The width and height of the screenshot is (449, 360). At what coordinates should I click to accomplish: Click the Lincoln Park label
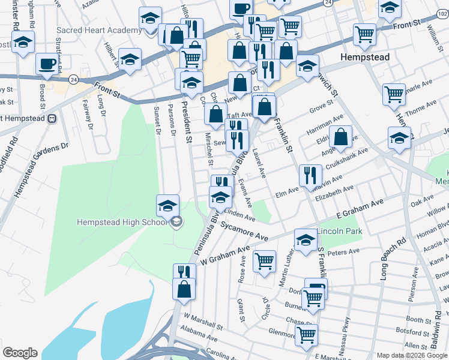[336, 231]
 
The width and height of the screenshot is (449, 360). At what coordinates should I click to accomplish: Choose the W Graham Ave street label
[224, 255]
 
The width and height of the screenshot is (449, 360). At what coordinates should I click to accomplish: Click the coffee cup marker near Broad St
[47, 64]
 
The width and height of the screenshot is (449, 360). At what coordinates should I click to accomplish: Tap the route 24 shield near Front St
[73, 79]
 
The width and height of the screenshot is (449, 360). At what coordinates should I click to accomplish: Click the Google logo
[19, 353]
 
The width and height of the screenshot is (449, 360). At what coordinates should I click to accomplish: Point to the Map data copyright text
[412, 355]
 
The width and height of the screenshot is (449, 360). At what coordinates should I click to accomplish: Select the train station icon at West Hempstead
[52, 118]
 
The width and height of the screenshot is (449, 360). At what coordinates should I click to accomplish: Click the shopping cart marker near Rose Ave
[264, 261]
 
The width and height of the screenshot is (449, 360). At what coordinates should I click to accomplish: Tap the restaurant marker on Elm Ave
[309, 175]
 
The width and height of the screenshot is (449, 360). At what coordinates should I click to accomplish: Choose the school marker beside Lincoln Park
[306, 240]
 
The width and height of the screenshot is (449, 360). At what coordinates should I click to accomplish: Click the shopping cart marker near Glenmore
[306, 334]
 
